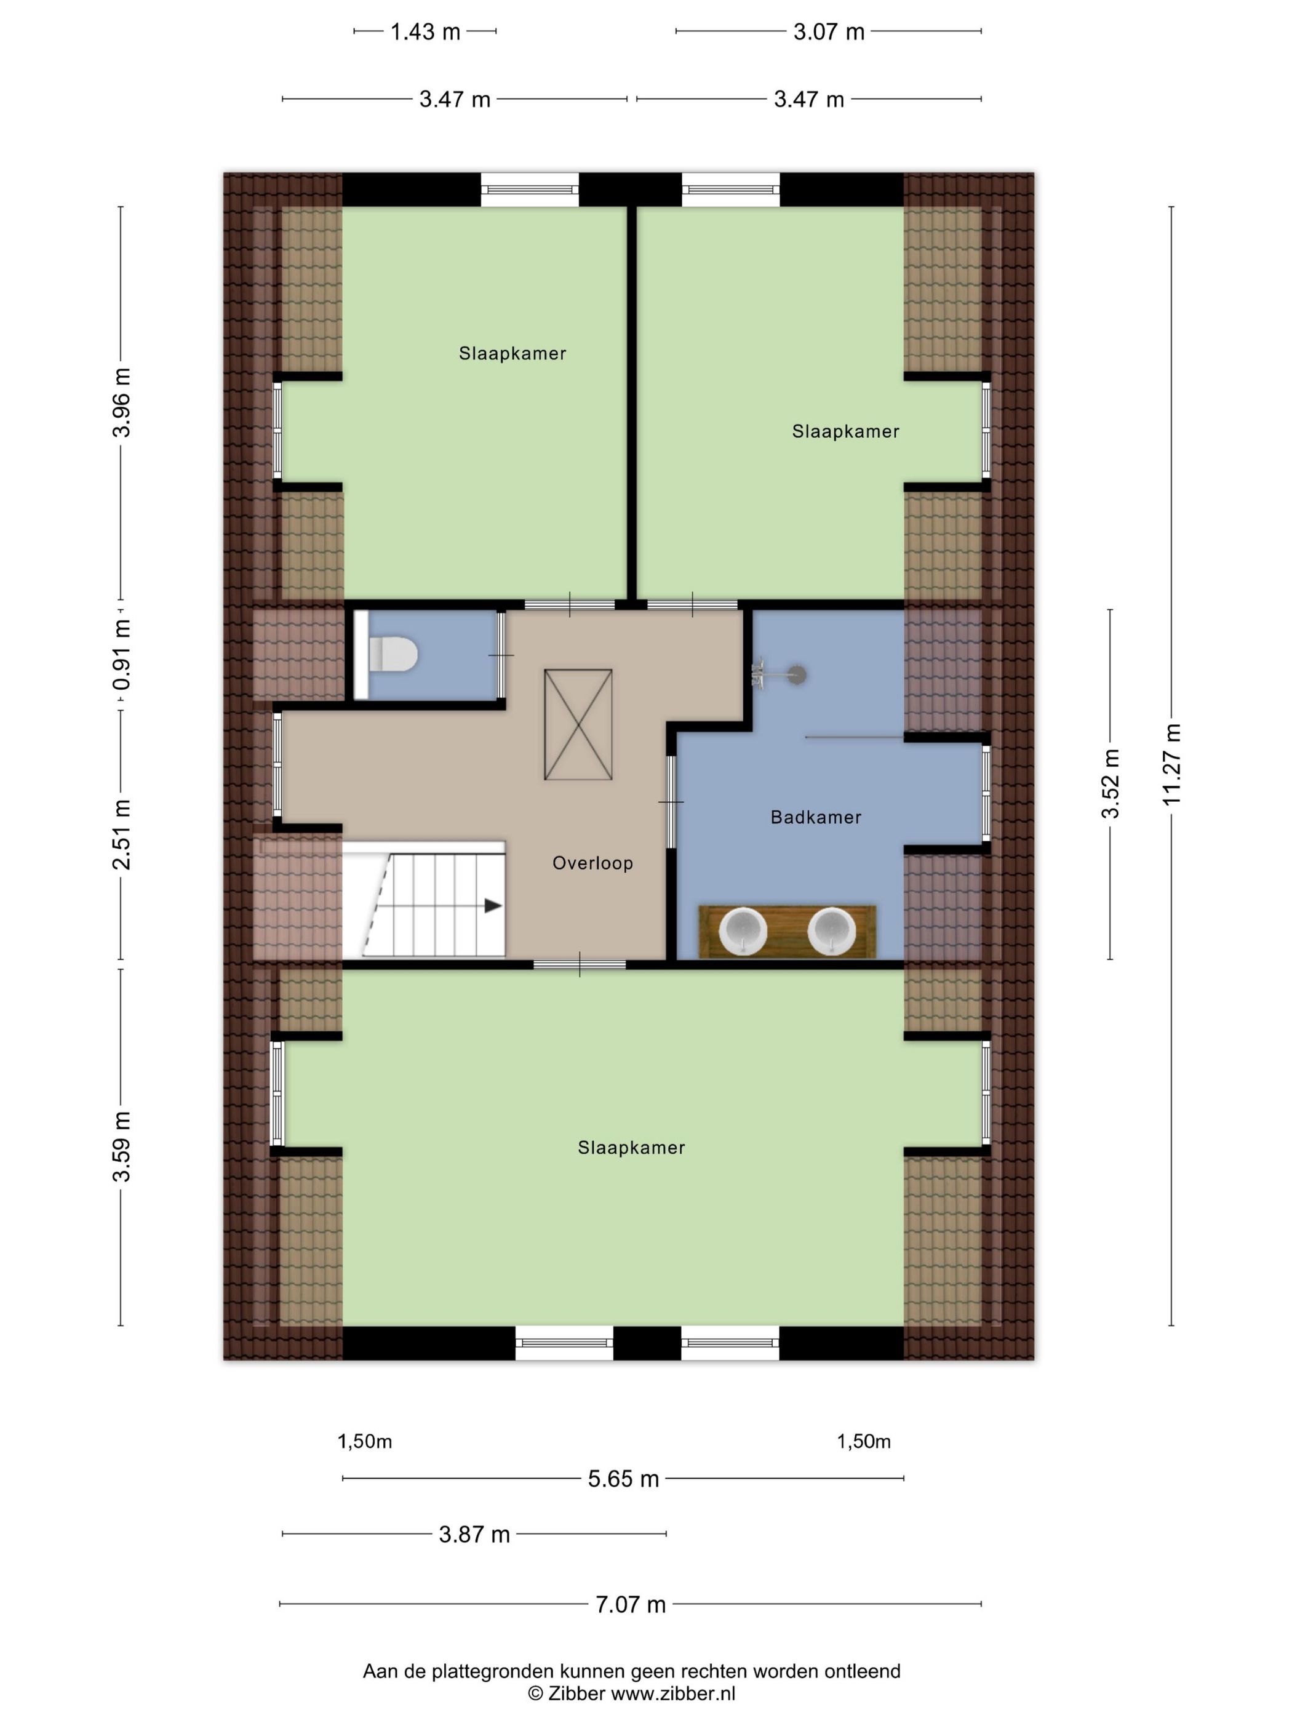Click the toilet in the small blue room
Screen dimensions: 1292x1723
(x=392, y=654)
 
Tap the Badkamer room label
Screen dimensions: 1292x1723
(x=815, y=817)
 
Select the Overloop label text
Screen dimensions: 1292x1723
(x=592, y=863)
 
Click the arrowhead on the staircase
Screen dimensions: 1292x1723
(x=493, y=906)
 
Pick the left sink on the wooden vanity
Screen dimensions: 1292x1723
(x=742, y=932)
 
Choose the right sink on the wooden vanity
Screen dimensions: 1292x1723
(x=832, y=932)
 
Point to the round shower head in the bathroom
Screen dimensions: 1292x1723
(x=797, y=674)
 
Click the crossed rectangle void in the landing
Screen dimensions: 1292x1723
(x=578, y=724)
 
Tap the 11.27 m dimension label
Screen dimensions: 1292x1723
(x=1171, y=764)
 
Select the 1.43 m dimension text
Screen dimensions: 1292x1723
(x=425, y=32)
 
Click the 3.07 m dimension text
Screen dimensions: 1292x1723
(x=829, y=32)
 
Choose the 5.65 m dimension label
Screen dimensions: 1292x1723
(x=623, y=1479)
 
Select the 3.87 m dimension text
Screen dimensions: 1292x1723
(x=474, y=1535)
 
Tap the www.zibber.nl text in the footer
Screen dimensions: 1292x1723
(x=673, y=1693)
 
